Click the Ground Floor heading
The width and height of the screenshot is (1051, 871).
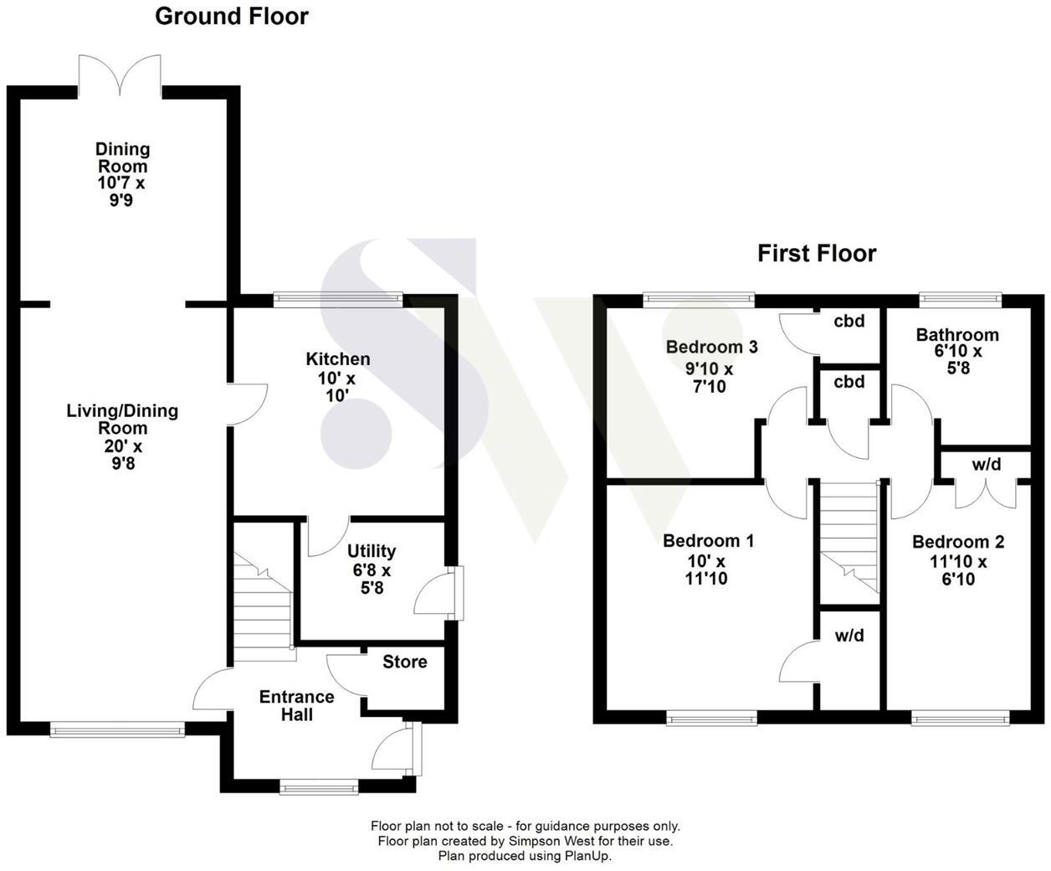(x=232, y=17)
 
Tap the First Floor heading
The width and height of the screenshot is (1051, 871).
(x=817, y=254)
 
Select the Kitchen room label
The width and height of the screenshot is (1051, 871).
(x=337, y=359)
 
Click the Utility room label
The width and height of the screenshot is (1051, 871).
(x=372, y=551)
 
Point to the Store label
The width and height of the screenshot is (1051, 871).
(x=405, y=662)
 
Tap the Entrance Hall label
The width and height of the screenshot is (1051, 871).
(x=296, y=706)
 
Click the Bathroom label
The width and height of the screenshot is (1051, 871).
(x=957, y=335)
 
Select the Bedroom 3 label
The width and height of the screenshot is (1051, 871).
(x=711, y=347)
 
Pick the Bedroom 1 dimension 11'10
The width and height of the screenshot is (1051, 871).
(x=708, y=579)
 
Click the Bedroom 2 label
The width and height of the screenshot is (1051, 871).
(x=958, y=542)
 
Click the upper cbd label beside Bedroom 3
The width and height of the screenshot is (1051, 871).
(x=849, y=321)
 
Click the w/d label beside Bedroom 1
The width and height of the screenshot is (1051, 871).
(x=849, y=636)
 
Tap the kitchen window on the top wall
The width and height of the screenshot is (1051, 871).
(x=338, y=298)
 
